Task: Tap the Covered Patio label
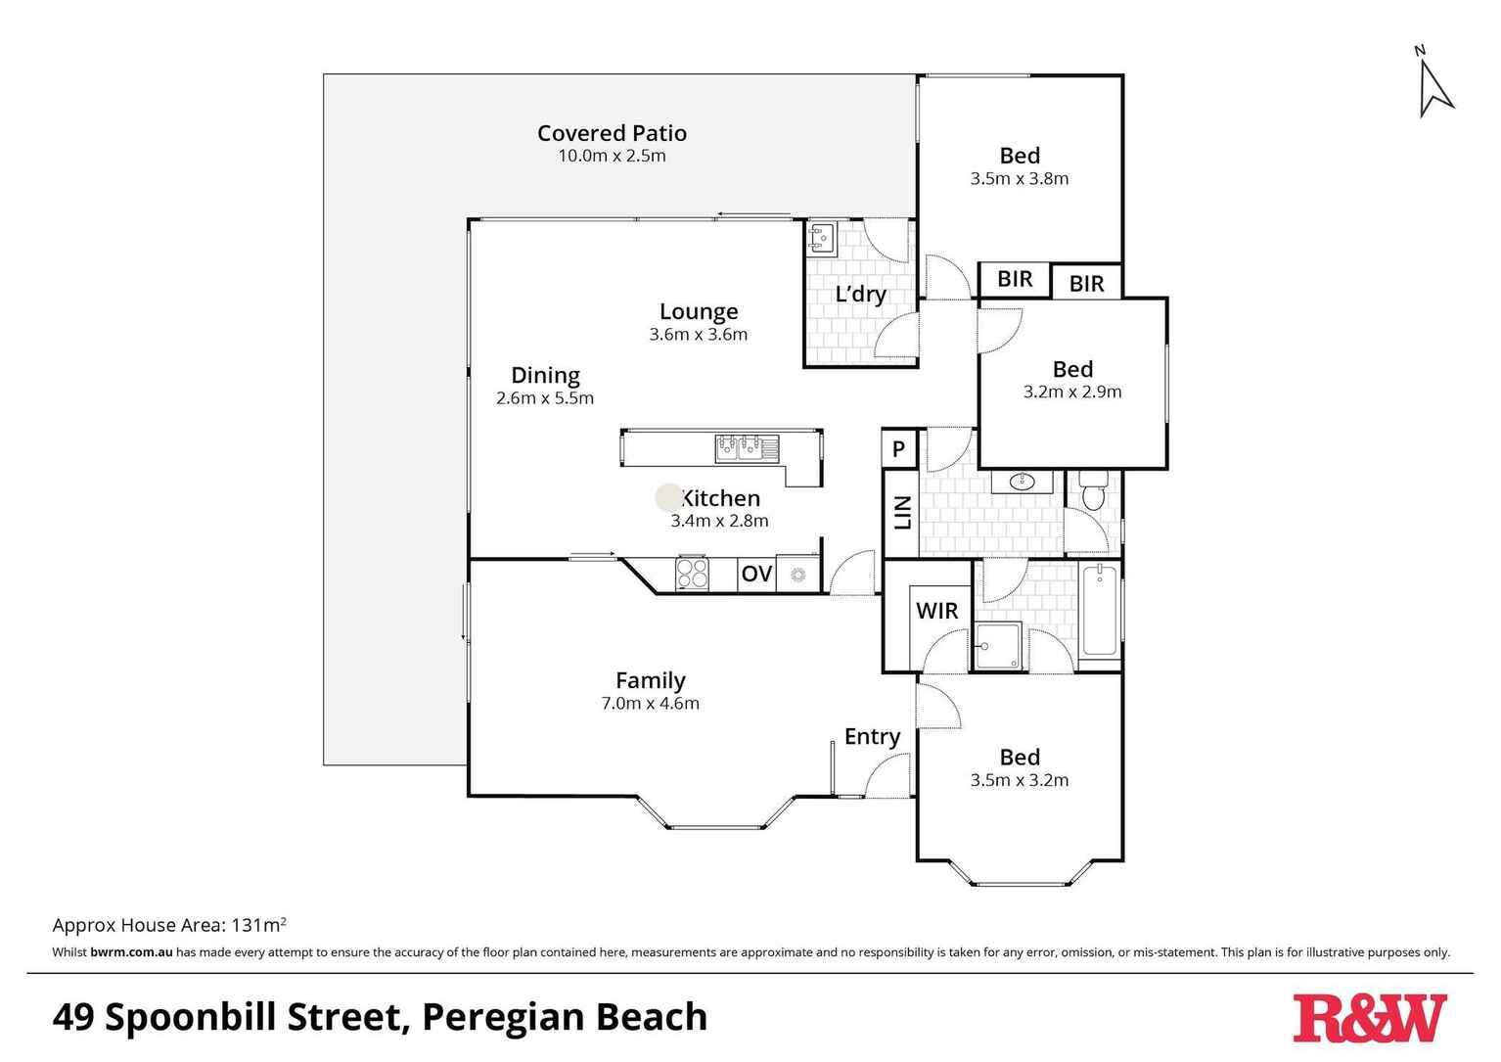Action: point(612,133)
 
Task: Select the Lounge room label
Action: point(698,311)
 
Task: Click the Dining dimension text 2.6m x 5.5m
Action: point(545,398)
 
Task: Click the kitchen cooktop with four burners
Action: point(693,574)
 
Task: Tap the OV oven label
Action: point(756,575)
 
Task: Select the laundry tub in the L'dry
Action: point(822,238)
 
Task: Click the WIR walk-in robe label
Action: point(936,611)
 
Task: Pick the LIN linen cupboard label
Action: point(902,513)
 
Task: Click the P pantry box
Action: point(899,450)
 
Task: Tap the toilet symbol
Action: point(1093,489)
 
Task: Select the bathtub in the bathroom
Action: point(1100,611)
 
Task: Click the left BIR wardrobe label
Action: point(1015,279)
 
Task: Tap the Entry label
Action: point(872,737)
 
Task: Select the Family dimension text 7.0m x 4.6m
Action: point(650,703)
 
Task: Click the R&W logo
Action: point(1369,1018)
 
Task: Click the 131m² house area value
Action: point(258,925)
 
